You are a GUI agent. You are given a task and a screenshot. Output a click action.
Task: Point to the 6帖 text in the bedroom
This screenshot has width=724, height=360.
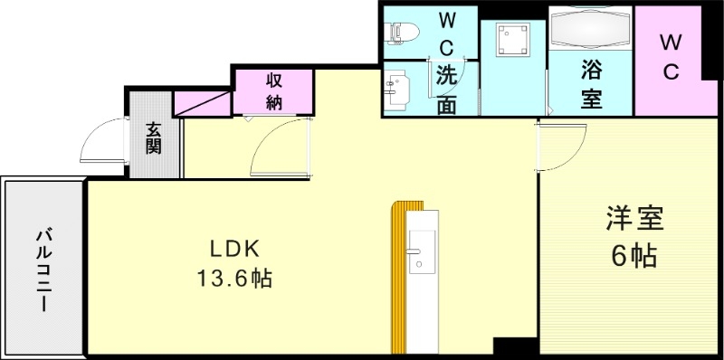click(633, 257)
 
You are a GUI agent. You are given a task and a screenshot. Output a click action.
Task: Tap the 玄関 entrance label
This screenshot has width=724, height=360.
click(154, 137)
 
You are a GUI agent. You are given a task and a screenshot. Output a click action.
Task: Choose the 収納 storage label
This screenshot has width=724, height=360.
click(275, 90)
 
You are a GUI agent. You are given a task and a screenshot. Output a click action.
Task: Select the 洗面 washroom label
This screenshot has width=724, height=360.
click(446, 90)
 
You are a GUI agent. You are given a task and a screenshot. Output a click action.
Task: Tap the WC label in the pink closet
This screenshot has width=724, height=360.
click(670, 58)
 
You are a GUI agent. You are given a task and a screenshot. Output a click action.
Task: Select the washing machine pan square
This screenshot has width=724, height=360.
click(512, 42)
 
